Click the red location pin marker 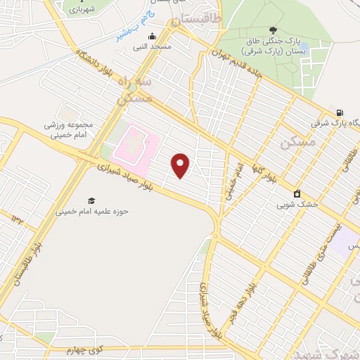(x=181, y=165)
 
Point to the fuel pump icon (x=340, y=112)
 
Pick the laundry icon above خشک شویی (x=297, y=194)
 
